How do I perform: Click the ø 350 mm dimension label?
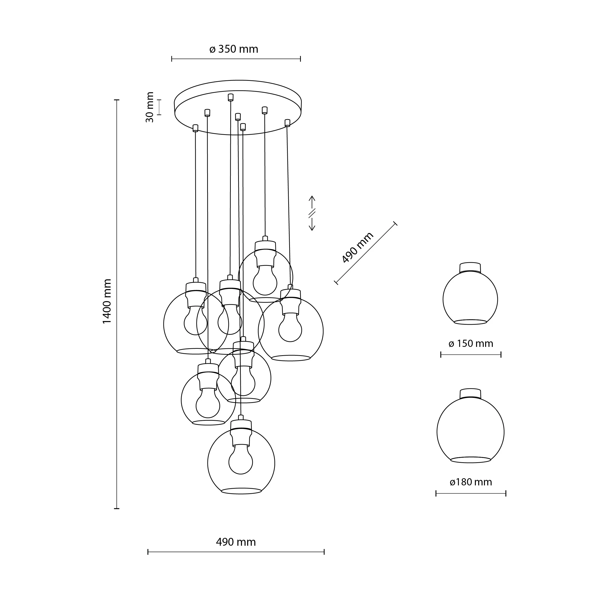(x=234, y=49)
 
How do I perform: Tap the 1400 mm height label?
(x=107, y=301)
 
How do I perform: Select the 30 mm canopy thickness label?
(x=150, y=107)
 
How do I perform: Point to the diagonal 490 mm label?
(x=358, y=247)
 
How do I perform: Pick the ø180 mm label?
(x=471, y=482)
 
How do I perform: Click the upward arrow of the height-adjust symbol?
(x=312, y=201)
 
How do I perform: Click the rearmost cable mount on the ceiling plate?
(x=231, y=98)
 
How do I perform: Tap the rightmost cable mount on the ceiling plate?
(x=287, y=123)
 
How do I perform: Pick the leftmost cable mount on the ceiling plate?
(x=195, y=128)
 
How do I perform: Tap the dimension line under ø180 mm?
(x=471, y=493)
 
